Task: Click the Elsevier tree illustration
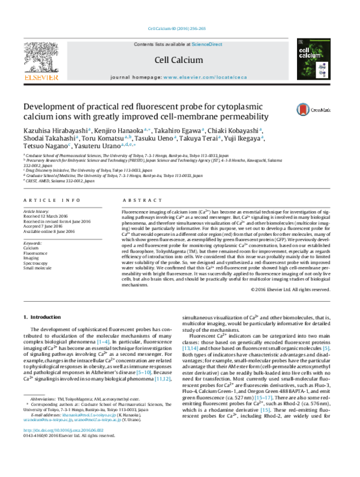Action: click(41, 56)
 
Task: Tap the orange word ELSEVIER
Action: click(41, 77)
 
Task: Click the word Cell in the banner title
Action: click(161, 60)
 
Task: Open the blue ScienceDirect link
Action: click(207, 44)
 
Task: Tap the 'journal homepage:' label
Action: click(136, 77)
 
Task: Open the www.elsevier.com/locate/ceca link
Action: click(205, 77)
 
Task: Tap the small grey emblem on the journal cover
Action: click(301, 41)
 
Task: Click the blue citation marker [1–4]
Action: click(103, 342)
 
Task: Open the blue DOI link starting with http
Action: click(64, 430)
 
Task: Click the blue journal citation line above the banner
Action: click(177, 29)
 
